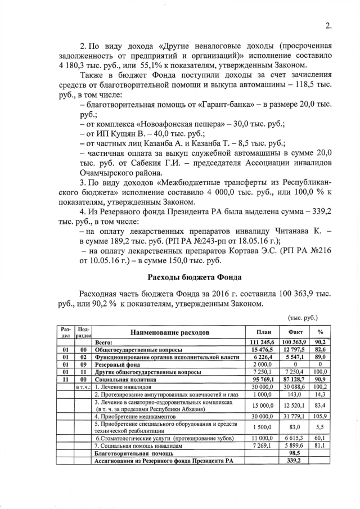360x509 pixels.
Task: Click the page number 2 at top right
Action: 328,24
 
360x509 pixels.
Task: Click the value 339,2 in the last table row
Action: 295,460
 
